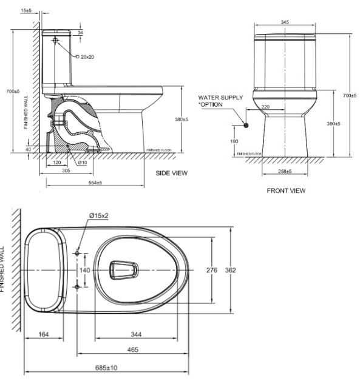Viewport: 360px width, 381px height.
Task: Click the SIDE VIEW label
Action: (x=172, y=173)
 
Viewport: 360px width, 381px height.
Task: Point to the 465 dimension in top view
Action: (x=133, y=349)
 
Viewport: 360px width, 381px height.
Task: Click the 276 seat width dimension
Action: (x=212, y=270)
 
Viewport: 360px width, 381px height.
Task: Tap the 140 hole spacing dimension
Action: (x=84, y=270)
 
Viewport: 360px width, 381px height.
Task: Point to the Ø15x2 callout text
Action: (x=99, y=215)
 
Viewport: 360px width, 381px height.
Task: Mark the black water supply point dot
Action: (x=246, y=126)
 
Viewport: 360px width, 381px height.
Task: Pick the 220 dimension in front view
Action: (x=265, y=107)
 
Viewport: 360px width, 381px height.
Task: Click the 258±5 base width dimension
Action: (x=285, y=172)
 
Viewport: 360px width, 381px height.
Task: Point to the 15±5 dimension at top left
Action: (x=26, y=11)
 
